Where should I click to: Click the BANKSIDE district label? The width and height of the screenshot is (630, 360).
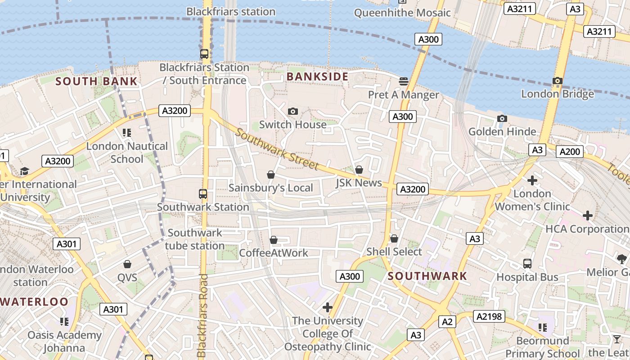coord(317,76)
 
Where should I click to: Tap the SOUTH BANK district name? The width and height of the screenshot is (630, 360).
coord(96,81)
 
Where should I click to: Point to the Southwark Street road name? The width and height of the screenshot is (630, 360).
coord(277,149)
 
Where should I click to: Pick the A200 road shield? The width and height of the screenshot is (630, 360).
coord(569,152)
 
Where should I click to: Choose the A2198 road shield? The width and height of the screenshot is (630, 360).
coord(489,316)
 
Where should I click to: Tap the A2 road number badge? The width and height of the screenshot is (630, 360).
coord(446,322)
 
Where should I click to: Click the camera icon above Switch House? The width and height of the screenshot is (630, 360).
coord(292,111)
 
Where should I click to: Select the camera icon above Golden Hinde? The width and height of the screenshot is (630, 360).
coord(502,118)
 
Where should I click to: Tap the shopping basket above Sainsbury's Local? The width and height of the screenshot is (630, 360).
coord(271,175)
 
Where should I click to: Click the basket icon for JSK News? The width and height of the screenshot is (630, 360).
coord(359,170)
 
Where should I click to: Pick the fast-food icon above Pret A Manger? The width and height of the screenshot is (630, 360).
coord(403,81)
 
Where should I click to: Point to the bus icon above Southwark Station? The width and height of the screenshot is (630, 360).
coord(203,194)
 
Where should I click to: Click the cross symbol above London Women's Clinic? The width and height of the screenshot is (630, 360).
coord(532,180)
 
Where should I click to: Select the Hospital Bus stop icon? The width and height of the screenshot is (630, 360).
coord(527,264)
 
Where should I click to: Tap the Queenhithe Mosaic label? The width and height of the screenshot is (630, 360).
coord(402,13)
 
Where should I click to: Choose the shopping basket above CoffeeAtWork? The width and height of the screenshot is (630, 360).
coord(273,240)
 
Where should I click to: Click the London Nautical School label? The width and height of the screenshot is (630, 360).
coord(127,153)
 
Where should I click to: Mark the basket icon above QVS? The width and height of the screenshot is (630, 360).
coord(127,264)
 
